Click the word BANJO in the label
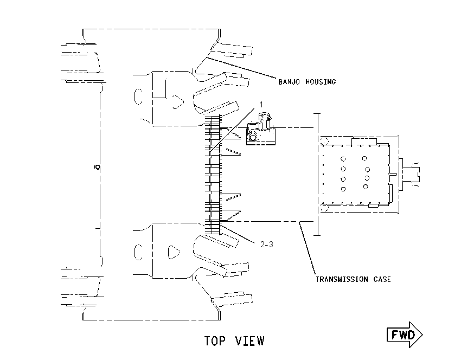coord(289,82)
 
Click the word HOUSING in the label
coord(321,82)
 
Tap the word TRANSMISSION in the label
coord(342,279)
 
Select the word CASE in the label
coord(382,279)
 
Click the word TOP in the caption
coord(215,341)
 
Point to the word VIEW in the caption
coord(249,341)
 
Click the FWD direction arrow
coord(405,335)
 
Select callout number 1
coord(261,104)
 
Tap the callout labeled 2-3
coord(267,244)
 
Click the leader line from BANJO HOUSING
coord(241,68)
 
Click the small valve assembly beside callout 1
coord(261,129)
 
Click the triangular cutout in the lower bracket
coord(174,252)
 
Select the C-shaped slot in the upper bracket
coord(138,97)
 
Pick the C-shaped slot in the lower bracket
coord(138,252)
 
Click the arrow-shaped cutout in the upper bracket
coord(177,102)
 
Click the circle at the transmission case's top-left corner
coord(324,141)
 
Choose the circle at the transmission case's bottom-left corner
coord(324,208)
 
